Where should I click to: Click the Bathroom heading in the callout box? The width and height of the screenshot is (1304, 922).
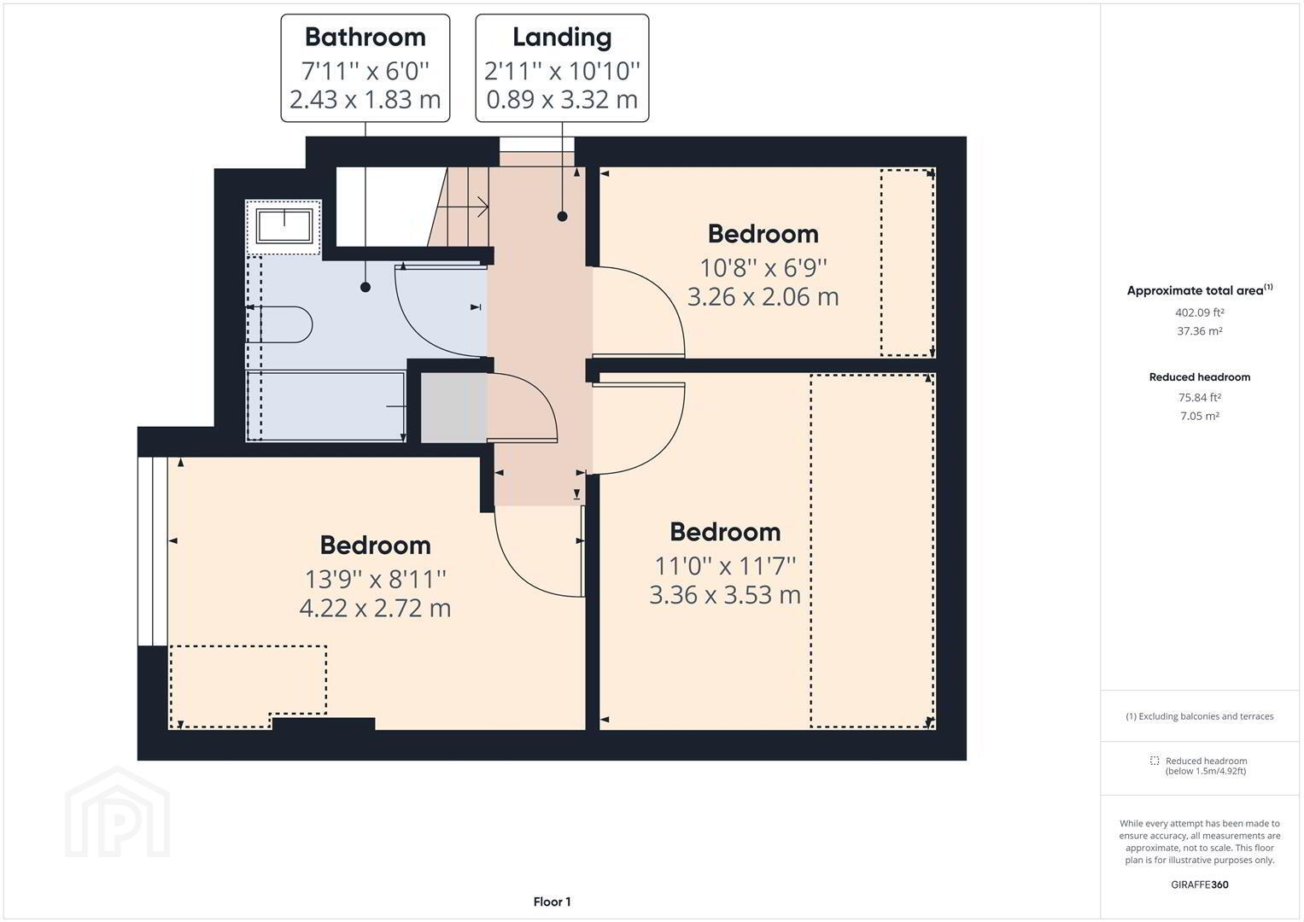[x=365, y=38]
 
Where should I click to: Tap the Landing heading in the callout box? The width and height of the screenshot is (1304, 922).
[x=562, y=38]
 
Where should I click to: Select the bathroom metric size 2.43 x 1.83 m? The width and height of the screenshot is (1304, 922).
[x=365, y=100]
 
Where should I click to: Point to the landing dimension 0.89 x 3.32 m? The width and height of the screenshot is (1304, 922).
[x=562, y=100]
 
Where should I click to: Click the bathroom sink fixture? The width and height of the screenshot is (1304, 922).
[x=284, y=226]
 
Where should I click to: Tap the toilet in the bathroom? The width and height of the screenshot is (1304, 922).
[x=279, y=324]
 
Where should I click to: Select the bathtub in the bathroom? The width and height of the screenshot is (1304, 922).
[x=326, y=406]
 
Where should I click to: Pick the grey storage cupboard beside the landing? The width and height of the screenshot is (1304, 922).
[x=454, y=407]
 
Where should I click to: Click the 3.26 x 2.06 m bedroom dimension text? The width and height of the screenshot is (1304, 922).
[x=763, y=297]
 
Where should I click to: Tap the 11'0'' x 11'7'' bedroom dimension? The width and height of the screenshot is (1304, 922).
[x=725, y=566]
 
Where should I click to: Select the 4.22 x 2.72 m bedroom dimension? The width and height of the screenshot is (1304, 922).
[x=375, y=608]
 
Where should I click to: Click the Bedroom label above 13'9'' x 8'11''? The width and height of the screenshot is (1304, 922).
[x=376, y=546]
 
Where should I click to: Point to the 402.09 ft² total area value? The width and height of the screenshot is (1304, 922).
[x=1199, y=312]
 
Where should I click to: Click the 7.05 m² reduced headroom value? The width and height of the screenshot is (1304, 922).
[x=1199, y=417]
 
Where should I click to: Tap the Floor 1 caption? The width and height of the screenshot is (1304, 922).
[x=552, y=902]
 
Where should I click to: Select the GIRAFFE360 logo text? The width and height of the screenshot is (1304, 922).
[x=1199, y=884]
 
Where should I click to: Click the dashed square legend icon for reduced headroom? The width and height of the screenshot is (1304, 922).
[x=1155, y=761]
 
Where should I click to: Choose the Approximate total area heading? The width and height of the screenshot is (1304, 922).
[x=1199, y=290]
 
